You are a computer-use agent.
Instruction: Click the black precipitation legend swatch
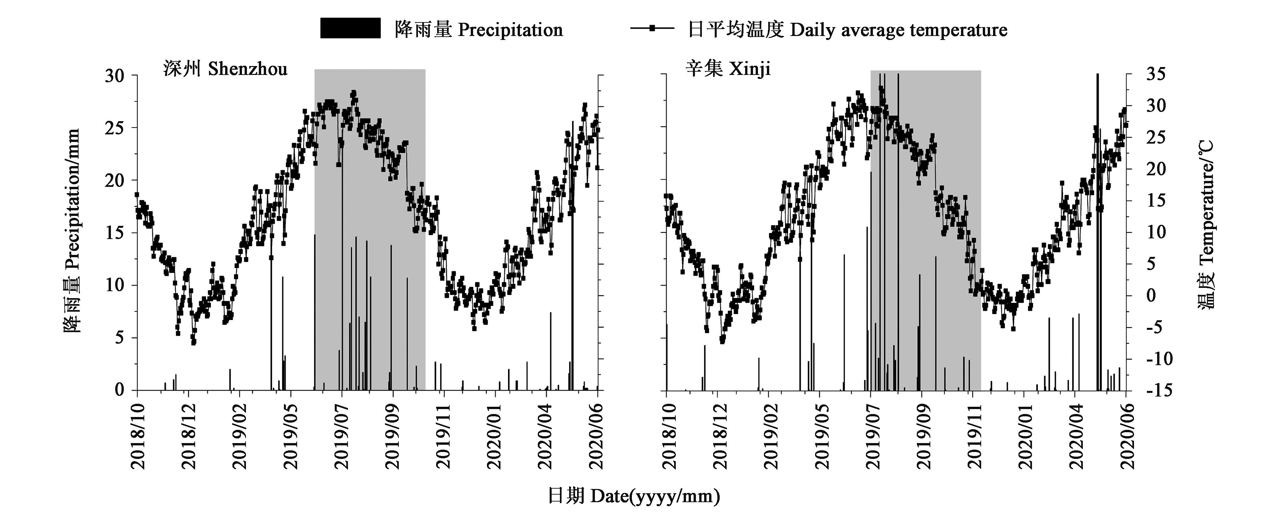point(350,28)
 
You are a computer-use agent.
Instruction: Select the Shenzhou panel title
point(225,69)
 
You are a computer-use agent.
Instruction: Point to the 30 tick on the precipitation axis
point(115,76)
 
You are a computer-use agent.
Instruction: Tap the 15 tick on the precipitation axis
point(115,233)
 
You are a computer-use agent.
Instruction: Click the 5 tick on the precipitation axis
point(119,338)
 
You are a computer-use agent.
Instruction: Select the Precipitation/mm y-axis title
point(72,231)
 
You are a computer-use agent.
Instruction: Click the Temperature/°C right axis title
point(1207,225)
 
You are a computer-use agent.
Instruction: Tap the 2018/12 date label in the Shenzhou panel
point(189,436)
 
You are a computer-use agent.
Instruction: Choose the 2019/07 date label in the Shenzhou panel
point(342,436)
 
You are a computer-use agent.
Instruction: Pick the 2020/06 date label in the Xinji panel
point(1126,436)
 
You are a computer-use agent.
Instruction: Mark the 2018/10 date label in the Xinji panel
point(666,436)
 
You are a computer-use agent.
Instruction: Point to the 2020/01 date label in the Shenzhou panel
point(495,436)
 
